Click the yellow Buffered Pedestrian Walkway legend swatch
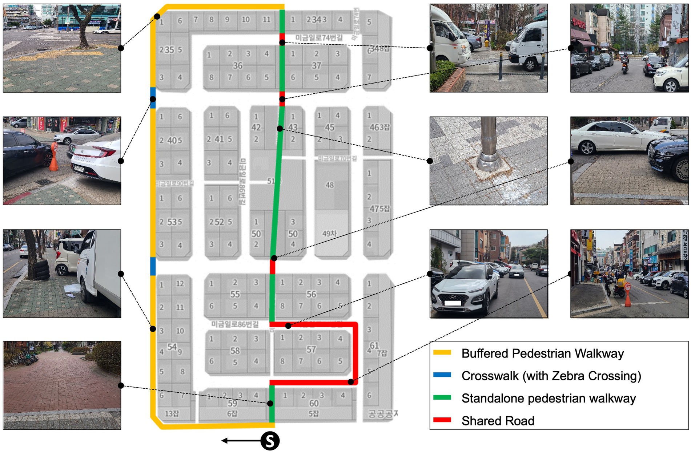(x=442, y=352)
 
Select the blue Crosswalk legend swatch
(x=442, y=375)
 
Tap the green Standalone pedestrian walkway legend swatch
(x=442, y=397)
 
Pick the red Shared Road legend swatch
(x=442, y=420)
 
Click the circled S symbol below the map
(x=270, y=441)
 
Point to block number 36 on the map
(x=237, y=66)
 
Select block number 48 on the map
(x=329, y=185)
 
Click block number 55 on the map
(x=235, y=294)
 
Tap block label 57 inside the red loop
(x=311, y=349)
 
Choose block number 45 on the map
(x=329, y=128)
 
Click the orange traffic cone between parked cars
(x=54, y=158)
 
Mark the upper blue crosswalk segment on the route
(x=153, y=97)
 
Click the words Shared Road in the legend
(x=498, y=421)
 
